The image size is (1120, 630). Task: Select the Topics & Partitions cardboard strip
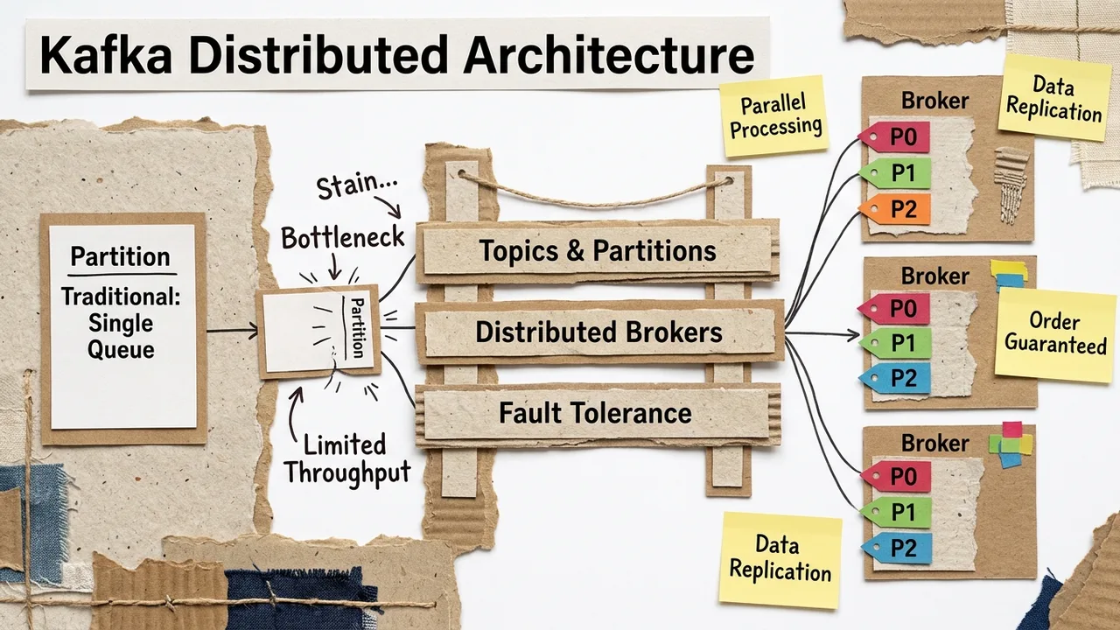597,252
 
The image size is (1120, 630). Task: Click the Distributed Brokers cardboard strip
598,332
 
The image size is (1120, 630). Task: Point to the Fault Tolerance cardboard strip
595,413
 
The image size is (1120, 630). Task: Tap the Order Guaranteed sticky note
1054,333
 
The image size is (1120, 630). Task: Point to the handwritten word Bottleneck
343,236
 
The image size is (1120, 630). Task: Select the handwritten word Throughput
346,473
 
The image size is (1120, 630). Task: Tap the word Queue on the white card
122,350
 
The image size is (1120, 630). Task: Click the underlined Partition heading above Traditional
120,257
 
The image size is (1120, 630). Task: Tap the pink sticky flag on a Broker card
1011,430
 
